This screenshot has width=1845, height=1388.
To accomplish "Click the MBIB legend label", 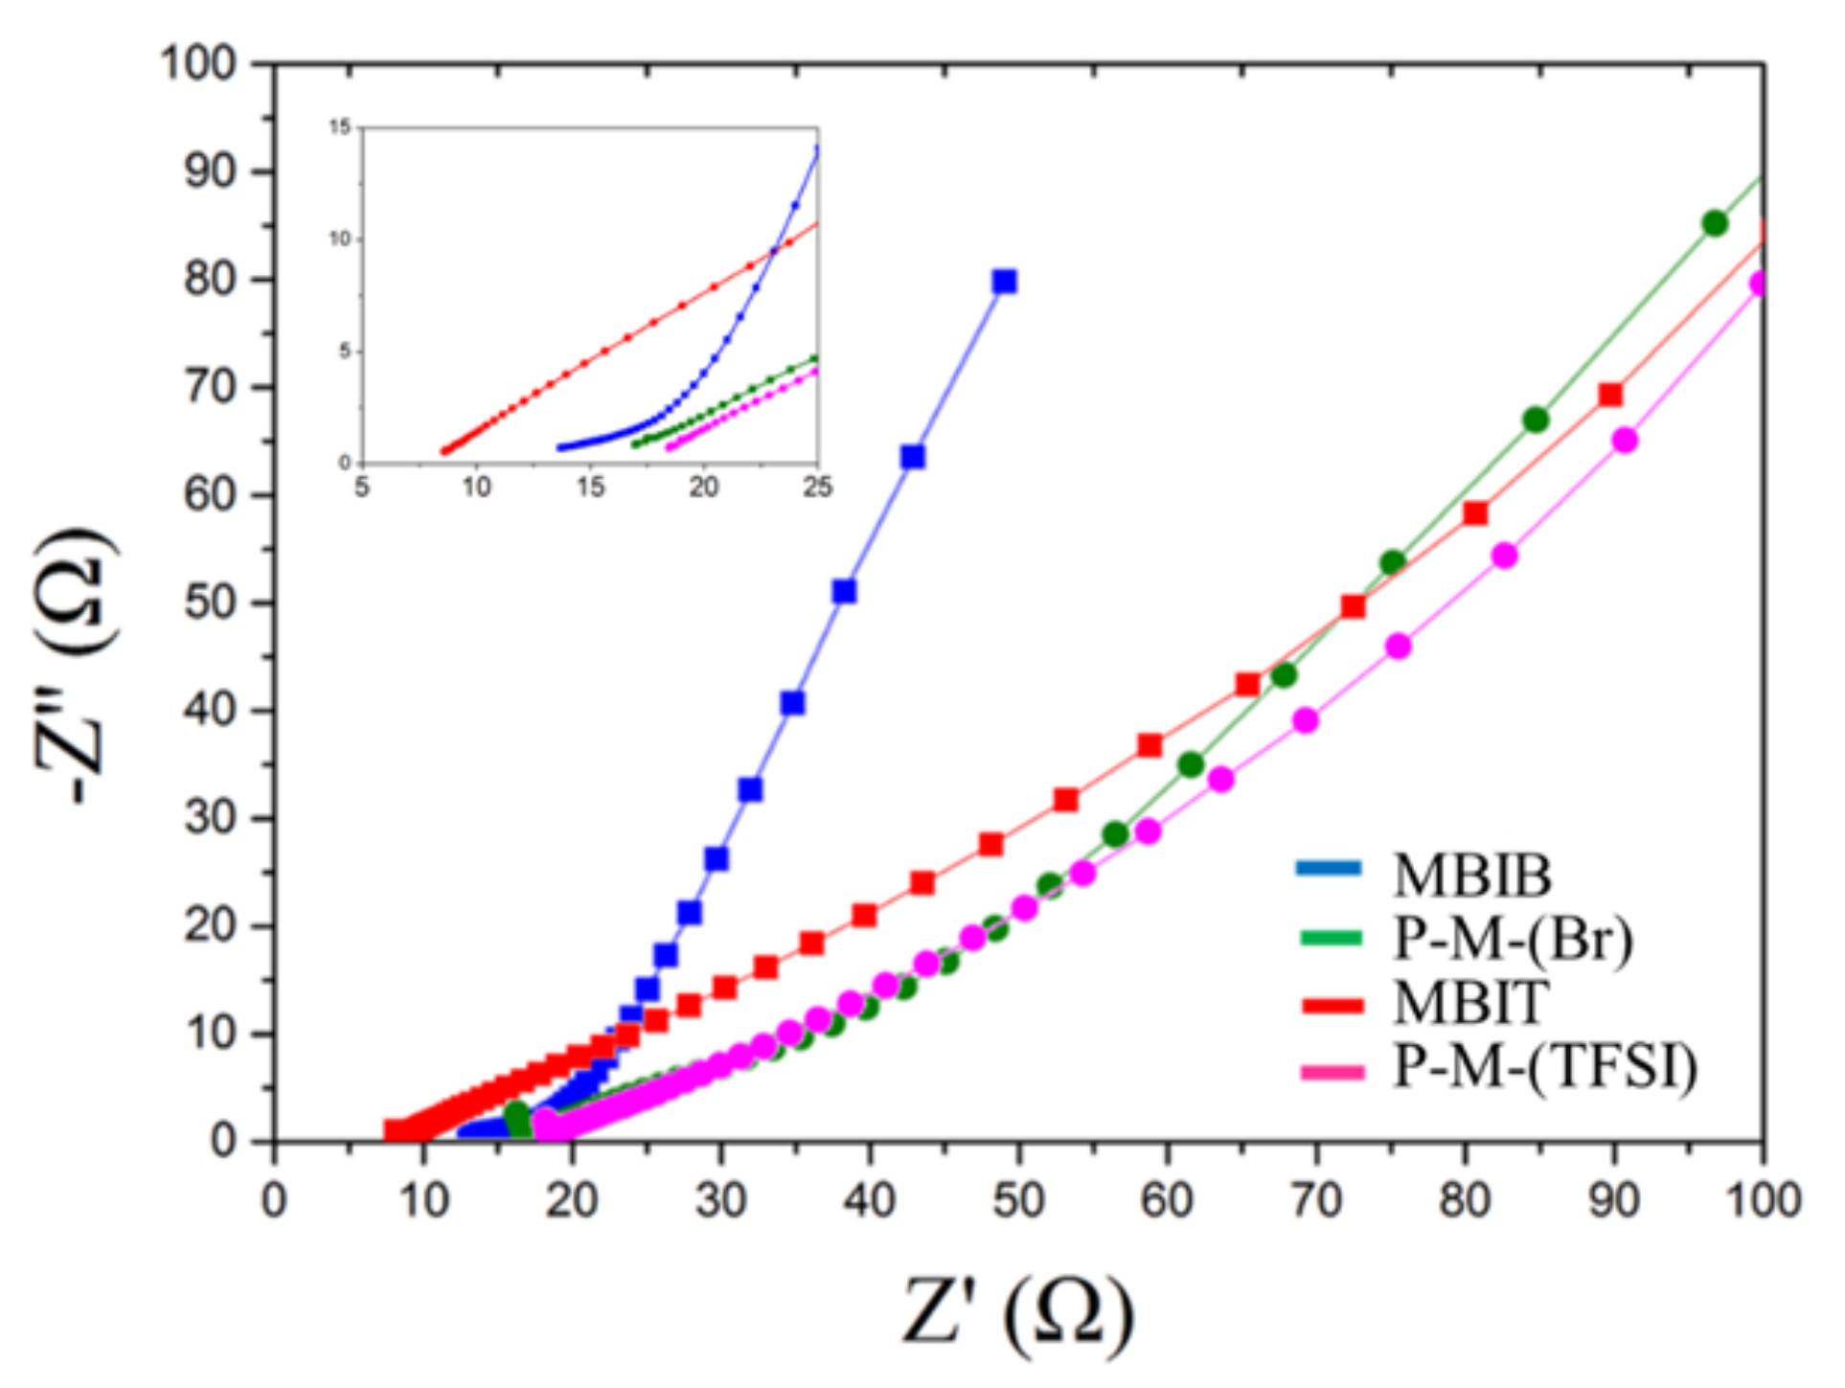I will [1471, 875].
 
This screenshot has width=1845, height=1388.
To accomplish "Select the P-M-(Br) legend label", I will [1513, 939].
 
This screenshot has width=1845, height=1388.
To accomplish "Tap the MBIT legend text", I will [1469, 1003].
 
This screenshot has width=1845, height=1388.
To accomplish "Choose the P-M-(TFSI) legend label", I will [1544, 1066].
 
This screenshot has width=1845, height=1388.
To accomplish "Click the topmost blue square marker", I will [1004, 282].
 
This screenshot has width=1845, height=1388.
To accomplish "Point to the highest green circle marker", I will [1715, 224].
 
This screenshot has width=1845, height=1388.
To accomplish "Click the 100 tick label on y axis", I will [198, 64].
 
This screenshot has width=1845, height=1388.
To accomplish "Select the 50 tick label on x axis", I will [1018, 1199].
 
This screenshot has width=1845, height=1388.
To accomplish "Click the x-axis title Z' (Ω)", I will [1017, 1313].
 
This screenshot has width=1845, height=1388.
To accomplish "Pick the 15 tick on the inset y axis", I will [339, 126].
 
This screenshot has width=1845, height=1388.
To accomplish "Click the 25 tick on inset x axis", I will [817, 487].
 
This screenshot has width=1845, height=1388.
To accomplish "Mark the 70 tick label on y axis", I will [210, 387].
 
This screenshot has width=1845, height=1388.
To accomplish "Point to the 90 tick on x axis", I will [1614, 1199].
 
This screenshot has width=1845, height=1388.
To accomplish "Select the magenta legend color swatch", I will [1332, 1071].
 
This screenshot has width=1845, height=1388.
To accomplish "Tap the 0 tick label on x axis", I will [275, 1199].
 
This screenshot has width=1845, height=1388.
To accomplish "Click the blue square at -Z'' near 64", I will [913, 457].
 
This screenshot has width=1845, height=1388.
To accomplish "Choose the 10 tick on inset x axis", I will [476, 487].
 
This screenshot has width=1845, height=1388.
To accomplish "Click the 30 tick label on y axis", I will [210, 818].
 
